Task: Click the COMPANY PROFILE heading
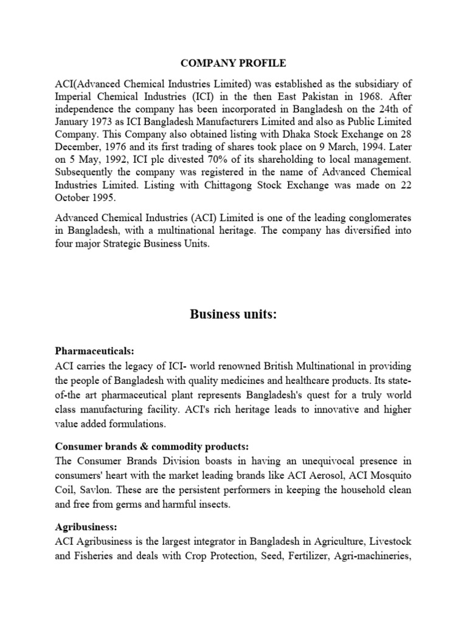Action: point(233,63)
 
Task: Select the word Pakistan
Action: point(320,96)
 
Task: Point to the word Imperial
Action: point(74,96)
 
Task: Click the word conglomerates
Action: point(376,217)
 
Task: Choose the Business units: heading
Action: point(233,315)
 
